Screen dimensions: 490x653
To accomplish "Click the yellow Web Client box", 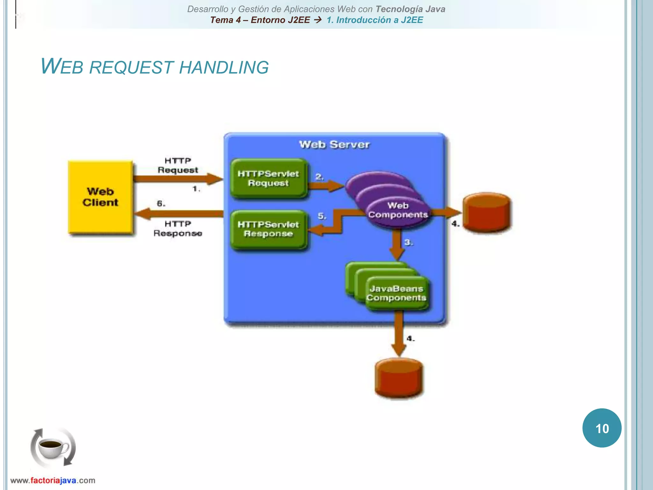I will tap(100, 197).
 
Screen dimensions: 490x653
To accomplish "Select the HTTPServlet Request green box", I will tap(268, 178).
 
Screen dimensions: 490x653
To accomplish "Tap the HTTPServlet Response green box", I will tap(268, 229).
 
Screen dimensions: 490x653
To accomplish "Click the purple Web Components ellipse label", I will tap(398, 210).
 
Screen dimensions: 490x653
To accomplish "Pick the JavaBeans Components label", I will tap(396, 293).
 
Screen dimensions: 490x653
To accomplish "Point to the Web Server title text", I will tap(334, 145).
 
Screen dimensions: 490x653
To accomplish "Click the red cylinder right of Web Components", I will tap(486, 212).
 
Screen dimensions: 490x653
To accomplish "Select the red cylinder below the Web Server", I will tap(399, 378).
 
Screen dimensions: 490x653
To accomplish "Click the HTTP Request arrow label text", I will tap(178, 165).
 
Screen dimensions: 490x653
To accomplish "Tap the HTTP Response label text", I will tap(178, 228).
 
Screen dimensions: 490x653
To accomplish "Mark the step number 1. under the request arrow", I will tap(196, 189).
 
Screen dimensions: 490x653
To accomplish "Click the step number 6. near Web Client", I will tap(161, 204).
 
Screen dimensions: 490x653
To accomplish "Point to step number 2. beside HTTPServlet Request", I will tap(319, 176).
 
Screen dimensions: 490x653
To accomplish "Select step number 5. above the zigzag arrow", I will tap(322, 216).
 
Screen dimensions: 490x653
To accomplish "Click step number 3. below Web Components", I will tap(408, 242).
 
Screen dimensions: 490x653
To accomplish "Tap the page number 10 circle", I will tap(602, 428).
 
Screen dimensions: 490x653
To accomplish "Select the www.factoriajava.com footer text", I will tap(53, 480).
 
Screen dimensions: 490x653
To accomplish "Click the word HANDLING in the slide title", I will tap(224, 68).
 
